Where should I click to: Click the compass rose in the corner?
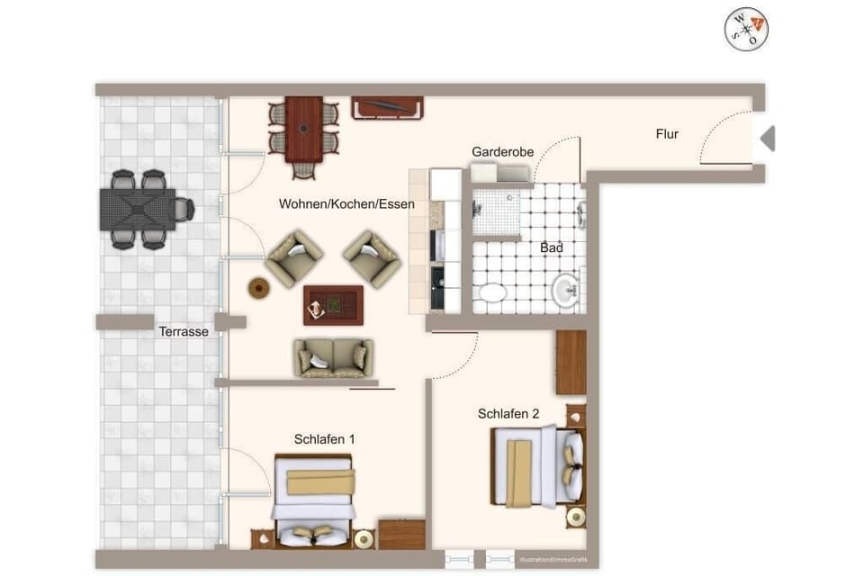click(746, 29)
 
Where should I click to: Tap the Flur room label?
click(667, 134)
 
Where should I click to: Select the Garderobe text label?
click(502, 152)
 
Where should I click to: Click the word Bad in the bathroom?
click(552, 247)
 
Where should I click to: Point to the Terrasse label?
click(184, 331)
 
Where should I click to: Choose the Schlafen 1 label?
click(324, 439)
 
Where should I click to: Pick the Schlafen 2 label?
click(508, 414)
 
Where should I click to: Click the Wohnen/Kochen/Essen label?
click(346, 204)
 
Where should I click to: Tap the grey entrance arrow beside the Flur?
click(768, 139)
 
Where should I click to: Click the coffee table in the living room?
click(333, 304)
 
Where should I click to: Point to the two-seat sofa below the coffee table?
click(333, 357)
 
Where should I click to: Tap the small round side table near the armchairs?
click(259, 288)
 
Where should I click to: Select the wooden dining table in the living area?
click(304, 128)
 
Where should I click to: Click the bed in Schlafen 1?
click(314, 499)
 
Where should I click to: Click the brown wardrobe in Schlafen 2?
click(571, 362)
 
